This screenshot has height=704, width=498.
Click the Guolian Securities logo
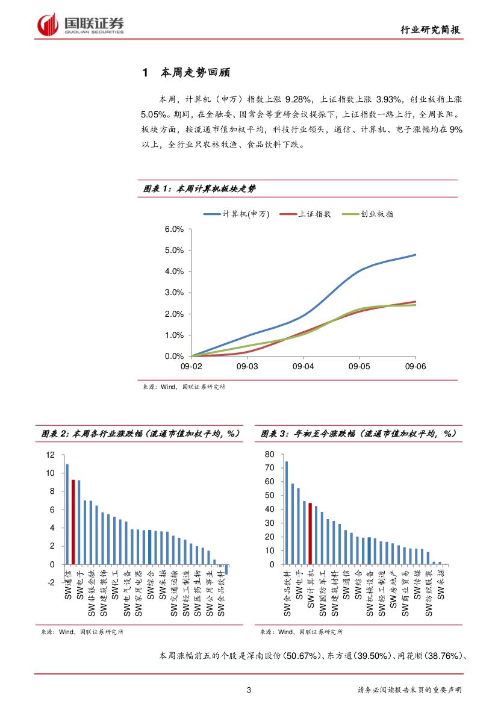(x=81, y=25)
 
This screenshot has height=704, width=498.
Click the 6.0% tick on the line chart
(x=173, y=229)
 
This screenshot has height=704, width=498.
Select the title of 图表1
(x=199, y=188)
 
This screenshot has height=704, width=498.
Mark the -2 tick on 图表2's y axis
(x=50, y=582)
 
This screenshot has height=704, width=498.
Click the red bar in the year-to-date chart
(x=310, y=534)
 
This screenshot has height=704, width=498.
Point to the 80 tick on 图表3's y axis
(x=269, y=454)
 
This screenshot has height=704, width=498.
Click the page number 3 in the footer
(x=249, y=690)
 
